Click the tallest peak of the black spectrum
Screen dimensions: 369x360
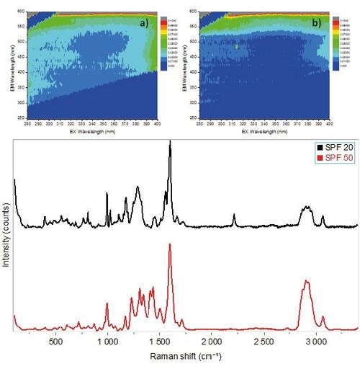coord(170,143)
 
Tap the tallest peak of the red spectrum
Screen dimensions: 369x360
coord(170,245)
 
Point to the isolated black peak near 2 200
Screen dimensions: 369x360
coord(234,215)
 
